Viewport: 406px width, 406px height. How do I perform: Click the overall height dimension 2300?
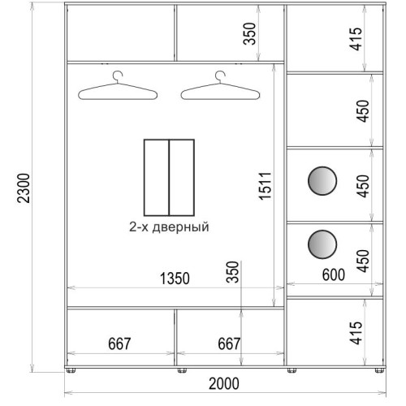click(x=23, y=188)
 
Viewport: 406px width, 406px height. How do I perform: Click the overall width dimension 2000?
click(x=224, y=383)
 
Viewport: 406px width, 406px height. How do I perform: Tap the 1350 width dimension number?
click(x=175, y=279)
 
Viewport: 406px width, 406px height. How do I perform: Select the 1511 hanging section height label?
click(x=265, y=186)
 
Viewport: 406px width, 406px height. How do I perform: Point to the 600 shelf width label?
click(x=334, y=275)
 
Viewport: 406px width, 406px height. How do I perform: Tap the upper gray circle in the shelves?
click(x=322, y=181)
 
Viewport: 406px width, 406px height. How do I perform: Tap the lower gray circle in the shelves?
click(x=322, y=244)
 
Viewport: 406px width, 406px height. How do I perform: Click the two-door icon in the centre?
click(x=169, y=178)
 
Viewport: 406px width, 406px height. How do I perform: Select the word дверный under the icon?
click(x=180, y=227)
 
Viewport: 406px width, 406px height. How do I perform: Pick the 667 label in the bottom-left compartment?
click(x=119, y=343)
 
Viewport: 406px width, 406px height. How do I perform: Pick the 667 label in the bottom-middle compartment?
click(x=229, y=343)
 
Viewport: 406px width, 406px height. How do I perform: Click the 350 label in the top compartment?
click(x=249, y=34)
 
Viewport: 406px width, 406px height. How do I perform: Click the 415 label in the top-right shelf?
click(x=356, y=39)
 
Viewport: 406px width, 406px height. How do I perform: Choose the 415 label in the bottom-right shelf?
click(x=356, y=333)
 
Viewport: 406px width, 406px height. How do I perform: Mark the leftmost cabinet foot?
click(x=71, y=370)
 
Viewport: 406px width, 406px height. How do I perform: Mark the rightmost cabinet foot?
click(x=379, y=370)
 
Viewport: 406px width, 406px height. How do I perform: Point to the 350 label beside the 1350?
click(x=233, y=272)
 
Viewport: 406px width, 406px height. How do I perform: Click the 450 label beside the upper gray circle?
click(x=363, y=186)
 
